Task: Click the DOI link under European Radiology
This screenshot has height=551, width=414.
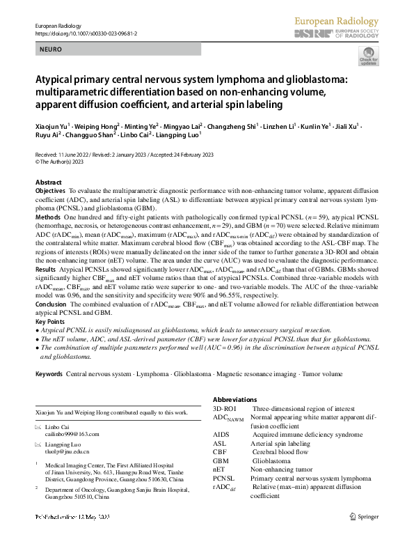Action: coord(80,33)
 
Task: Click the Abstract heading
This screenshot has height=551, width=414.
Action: coord(49,182)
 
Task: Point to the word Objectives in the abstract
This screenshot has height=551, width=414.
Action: coord(50,190)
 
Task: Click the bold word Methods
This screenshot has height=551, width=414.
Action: coord(47,217)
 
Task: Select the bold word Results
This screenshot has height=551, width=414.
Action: coord(45,268)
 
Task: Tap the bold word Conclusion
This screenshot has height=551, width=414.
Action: coord(51,303)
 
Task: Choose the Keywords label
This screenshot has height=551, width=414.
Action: coord(49,375)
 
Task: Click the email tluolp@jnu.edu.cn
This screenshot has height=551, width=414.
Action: coord(70,451)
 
